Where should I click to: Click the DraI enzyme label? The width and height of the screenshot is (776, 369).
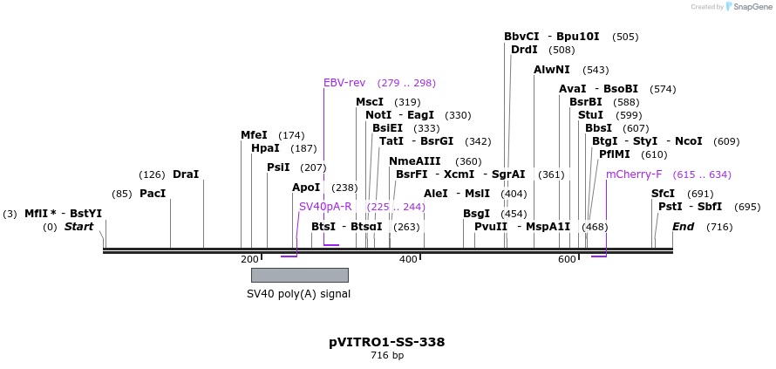coord(186,174)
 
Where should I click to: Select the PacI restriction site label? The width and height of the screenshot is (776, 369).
coord(152,194)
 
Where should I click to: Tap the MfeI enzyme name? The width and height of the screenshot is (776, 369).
coord(254,135)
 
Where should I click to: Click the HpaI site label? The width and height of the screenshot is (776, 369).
coord(265,148)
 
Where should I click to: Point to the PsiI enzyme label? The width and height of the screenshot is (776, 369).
coord(278,167)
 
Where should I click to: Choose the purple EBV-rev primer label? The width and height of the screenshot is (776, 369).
coord(344,83)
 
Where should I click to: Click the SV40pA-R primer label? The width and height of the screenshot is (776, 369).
coord(325,207)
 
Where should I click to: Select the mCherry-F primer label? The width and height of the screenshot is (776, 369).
coord(634,174)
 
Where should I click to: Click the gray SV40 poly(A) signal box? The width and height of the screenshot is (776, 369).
coord(299,275)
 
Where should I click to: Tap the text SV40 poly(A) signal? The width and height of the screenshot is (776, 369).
coord(298,294)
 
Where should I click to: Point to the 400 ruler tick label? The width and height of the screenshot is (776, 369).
coord(408,259)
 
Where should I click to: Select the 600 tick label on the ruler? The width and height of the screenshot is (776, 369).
coord(567,259)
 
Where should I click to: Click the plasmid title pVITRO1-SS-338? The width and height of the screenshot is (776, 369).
coord(386,342)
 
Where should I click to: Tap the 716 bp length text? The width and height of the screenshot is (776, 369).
coord(387,356)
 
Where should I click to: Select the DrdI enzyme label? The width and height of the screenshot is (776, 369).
coord(524,50)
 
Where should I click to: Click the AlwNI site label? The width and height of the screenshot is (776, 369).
coord(552,70)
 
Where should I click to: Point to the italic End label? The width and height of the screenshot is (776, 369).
coord(684,227)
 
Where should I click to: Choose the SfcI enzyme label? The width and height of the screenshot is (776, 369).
coord(663,194)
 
